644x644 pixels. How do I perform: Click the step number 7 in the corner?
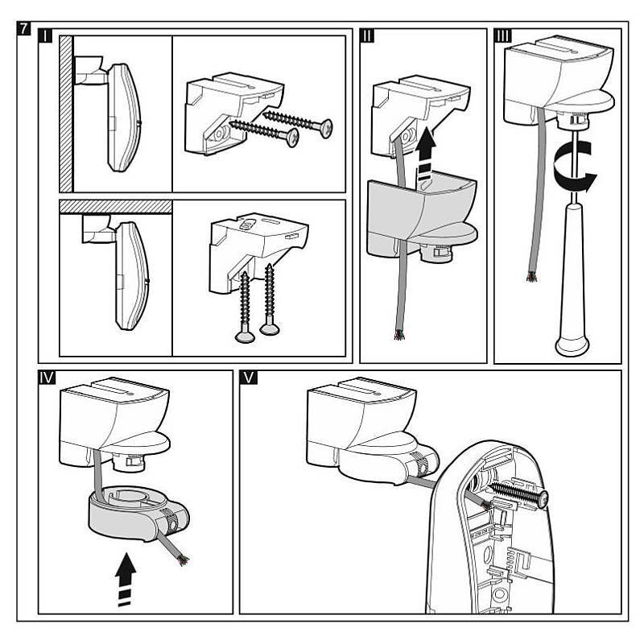[x=25, y=29]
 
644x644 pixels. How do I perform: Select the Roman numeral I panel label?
[x=47, y=38]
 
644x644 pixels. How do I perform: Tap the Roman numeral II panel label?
[x=369, y=38]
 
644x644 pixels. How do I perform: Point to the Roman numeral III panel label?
[x=503, y=38]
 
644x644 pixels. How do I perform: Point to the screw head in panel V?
[x=543, y=502]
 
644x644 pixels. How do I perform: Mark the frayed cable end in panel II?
[x=398, y=333]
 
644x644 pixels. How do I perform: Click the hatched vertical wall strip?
[x=67, y=113]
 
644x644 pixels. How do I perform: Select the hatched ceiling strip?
[x=115, y=206]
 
